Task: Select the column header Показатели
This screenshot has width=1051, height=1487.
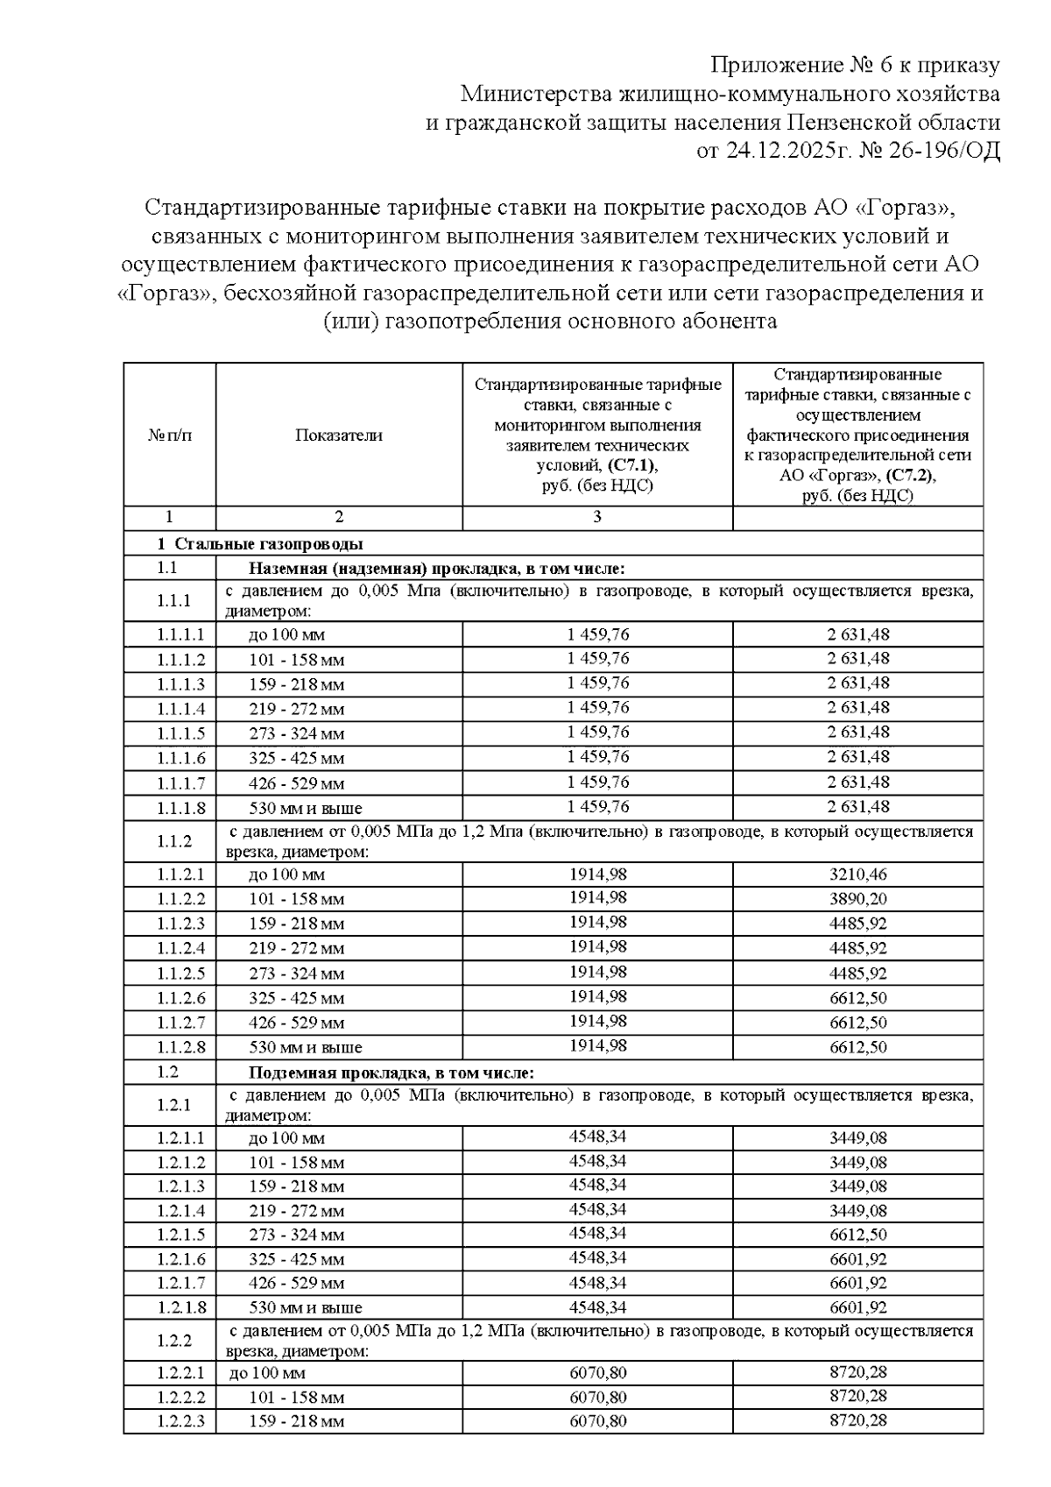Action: [x=339, y=435]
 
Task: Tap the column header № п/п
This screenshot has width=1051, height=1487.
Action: [x=170, y=435]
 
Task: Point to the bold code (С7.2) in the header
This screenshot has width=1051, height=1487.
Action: [x=910, y=476]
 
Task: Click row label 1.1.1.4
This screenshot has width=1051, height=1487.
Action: [x=181, y=708]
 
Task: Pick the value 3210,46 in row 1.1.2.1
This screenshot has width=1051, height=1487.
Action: [x=858, y=874]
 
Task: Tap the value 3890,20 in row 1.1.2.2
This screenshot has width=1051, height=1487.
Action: [x=858, y=898]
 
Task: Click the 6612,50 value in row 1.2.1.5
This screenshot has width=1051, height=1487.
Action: [x=858, y=1235]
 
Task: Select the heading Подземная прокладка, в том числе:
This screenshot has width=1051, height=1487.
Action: [x=391, y=1073]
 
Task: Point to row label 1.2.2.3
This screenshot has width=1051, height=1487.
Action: [x=181, y=1421]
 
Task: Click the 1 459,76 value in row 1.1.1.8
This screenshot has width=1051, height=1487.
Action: [x=598, y=806]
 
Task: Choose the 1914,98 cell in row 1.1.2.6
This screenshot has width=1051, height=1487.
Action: [x=598, y=997]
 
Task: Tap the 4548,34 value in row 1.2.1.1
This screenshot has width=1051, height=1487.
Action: [x=598, y=1137]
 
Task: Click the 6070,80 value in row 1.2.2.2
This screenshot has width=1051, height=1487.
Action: [x=598, y=1397]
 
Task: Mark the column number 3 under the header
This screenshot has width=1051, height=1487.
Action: [x=597, y=517]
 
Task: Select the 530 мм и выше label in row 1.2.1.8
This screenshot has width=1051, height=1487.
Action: [x=305, y=1308]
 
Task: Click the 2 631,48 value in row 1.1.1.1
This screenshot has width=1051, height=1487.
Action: [x=858, y=634]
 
